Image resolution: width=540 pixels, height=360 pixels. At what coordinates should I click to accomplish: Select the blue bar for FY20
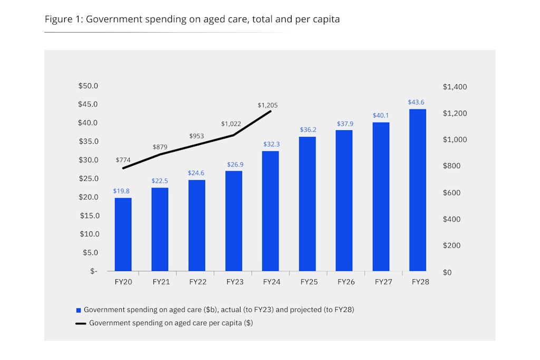(x=123, y=235)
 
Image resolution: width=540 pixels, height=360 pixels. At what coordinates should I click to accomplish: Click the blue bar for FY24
(x=270, y=211)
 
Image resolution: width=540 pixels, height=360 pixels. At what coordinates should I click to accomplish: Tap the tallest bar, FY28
(x=418, y=190)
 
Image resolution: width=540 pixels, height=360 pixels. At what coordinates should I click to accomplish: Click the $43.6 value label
(x=417, y=102)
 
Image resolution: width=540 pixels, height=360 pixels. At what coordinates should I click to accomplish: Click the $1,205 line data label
(x=268, y=105)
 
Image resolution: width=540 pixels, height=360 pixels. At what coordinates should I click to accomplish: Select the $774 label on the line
(x=123, y=160)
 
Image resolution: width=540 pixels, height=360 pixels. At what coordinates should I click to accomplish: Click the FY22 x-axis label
(x=197, y=282)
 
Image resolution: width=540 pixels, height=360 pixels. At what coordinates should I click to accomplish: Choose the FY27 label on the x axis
(x=383, y=282)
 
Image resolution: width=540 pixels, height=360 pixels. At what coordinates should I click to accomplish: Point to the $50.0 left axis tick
(x=89, y=86)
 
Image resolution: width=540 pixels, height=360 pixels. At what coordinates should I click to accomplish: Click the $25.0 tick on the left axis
(x=89, y=179)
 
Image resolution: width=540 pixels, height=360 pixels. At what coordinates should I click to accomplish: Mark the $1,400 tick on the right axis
(x=455, y=87)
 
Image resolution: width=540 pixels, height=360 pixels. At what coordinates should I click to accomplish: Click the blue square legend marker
(x=79, y=310)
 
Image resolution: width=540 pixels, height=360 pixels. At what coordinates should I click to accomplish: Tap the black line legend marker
(x=81, y=324)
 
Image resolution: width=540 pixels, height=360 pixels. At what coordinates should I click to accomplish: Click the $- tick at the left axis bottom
(x=93, y=271)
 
